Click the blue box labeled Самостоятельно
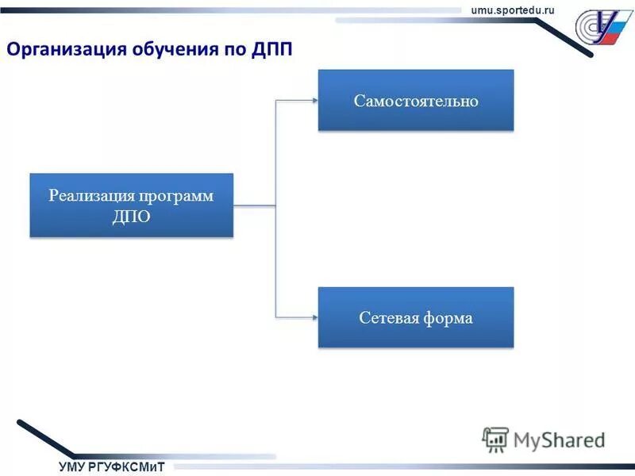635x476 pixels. click(416, 100)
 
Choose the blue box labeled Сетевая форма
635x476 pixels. click(416, 317)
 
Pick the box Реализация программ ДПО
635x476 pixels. click(132, 205)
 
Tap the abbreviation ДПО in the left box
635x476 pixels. click(132, 217)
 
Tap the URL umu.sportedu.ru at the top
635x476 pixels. click(513, 9)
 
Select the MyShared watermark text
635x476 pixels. click(559, 440)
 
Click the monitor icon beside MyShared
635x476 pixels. click(495, 439)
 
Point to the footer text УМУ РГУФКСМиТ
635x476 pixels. click(111, 466)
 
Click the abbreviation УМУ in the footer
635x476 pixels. click(72, 466)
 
